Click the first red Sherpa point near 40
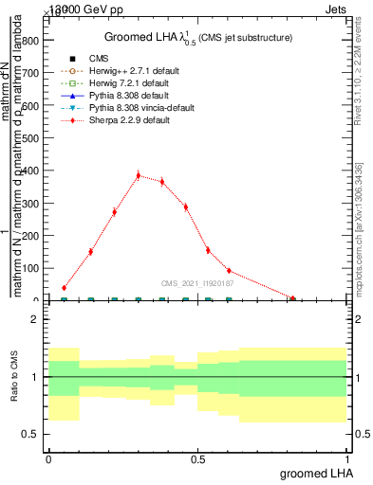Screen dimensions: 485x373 point(65,287)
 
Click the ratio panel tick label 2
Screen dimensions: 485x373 point(35,320)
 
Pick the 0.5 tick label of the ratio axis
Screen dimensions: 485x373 point(31,435)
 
